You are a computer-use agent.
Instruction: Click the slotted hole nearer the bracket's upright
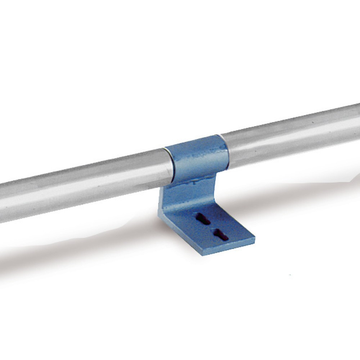[x=203, y=219]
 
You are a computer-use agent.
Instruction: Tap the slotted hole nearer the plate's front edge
[x=220, y=234]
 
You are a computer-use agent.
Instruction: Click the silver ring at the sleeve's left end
[x=170, y=164]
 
